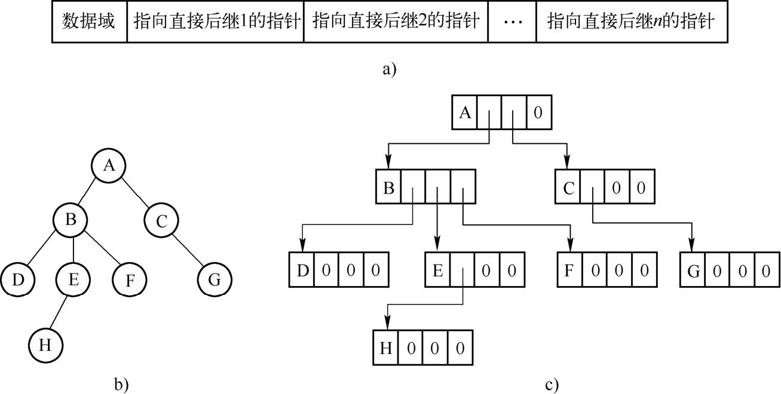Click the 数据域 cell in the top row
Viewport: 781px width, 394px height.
click(89, 23)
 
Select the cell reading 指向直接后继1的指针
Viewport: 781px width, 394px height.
click(215, 23)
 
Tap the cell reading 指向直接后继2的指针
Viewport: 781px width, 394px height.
click(396, 23)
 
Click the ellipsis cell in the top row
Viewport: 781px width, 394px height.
click(512, 23)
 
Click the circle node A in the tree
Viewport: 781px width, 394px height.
click(108, 165)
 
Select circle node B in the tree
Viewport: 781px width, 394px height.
click(71, 220)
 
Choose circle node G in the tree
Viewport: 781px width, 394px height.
click(215, 279)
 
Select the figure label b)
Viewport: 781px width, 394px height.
click(122, 384)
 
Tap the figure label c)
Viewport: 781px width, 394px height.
click(552, 384)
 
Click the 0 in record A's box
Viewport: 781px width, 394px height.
click(538, 113)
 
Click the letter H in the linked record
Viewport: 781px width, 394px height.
click(386, 348)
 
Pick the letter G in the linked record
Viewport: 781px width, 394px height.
click(693, 272)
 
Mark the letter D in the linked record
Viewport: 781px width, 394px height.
click(302, 271)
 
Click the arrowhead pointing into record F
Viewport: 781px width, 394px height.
click(570, 245)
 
